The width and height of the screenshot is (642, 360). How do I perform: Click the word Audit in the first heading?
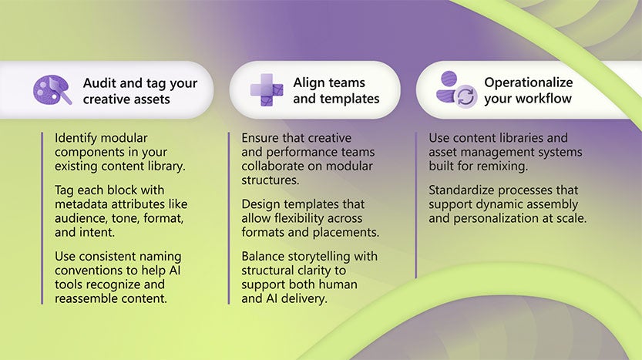click(x=99, y=82)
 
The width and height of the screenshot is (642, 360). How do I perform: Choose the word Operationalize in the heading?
click(x=528, y=82)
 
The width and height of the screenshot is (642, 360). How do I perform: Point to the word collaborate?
click(x=275, y=167)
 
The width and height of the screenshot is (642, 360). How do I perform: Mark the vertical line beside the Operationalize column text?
click(x=416, y=204)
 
